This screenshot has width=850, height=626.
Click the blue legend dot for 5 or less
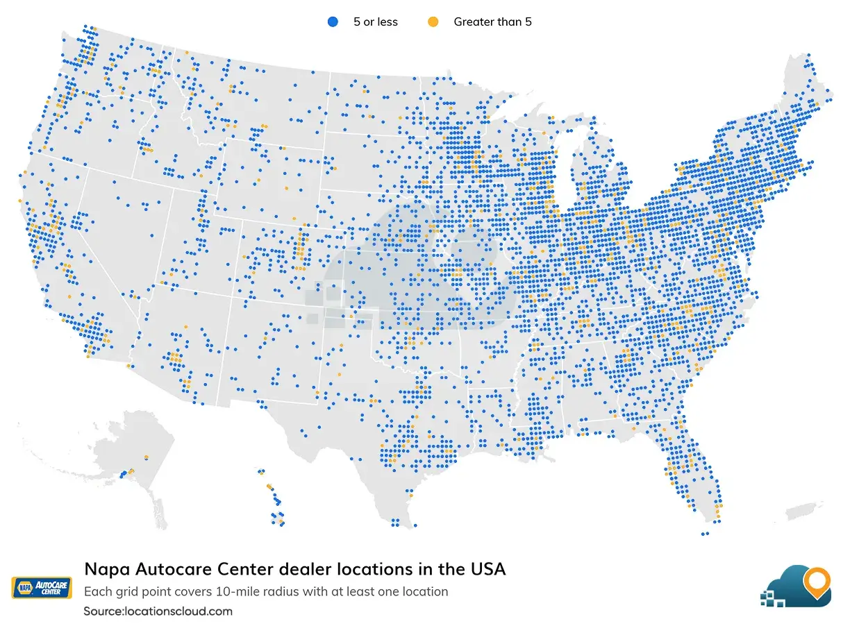(x=332, y=22)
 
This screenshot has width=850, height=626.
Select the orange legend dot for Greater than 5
(x=433, y=22)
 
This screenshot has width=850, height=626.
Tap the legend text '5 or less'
(x=375, y=22)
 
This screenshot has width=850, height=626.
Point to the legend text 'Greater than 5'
(x=492, y=22)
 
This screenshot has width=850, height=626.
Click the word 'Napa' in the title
(x=104, y=570)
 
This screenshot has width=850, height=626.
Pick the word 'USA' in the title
(x=486, y=570)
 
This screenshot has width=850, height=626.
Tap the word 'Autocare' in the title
(x=163, y=570)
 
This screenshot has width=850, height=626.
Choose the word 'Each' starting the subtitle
(x=96, y=592)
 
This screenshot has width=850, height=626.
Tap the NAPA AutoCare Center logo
(x=42, y=587)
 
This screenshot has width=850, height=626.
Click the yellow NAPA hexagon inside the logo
(x=25, y=587)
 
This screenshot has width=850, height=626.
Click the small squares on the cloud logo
(x=772, y=597)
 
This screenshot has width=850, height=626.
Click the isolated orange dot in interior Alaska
(x=146, y=457)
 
